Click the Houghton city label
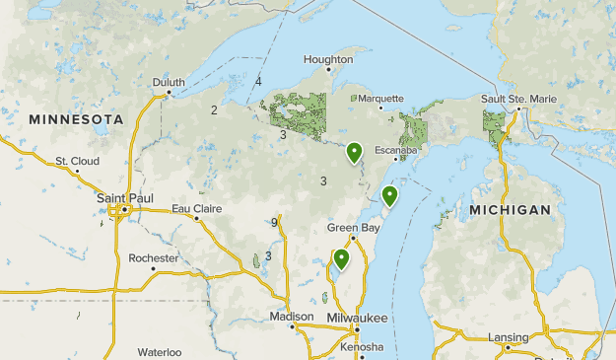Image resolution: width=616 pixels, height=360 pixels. pyautogui.click(x=328, y=59)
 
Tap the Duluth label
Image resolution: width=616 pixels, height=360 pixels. pyautogui.click(x=169, y=83)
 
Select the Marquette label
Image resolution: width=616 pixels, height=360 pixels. pyautogui.click(x=381, y=99)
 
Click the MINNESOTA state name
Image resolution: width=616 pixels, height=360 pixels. pyautogui.click(x=76, y=118)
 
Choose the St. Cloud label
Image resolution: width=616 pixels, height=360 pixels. pyautogui.click(x=76, y=161)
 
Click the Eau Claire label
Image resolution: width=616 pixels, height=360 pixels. pyautogui.click(x=197, y=208)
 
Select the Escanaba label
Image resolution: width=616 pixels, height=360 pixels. pyautogui.click(x=395, y=150)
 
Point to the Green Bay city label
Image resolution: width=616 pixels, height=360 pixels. pyautogui.click(x=354, y=228)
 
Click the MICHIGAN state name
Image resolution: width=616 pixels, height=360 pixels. pyautogui.click(x=510, y=210)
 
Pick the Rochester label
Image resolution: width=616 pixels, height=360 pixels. pyautogui.click(x=154, y=258)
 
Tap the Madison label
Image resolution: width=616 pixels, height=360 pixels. pyautogui.click(x=291, y=317)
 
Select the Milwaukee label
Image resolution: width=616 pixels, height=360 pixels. pyautogui.click(x=358, y=318)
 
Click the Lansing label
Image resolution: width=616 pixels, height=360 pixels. pyautogui.click(x=508, y=337)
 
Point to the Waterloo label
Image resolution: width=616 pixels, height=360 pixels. pyautogui.click(x=160, y=352)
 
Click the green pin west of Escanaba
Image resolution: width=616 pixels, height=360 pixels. pyautogui.click(x=354, y=151)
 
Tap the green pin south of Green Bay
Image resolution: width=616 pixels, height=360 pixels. pyautogui.click(x=341, y=258)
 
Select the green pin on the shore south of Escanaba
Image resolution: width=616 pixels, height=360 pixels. pyautogui.click(x=390, y=195)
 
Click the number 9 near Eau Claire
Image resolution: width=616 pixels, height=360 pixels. pyautogui.click(x=275, y=223)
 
